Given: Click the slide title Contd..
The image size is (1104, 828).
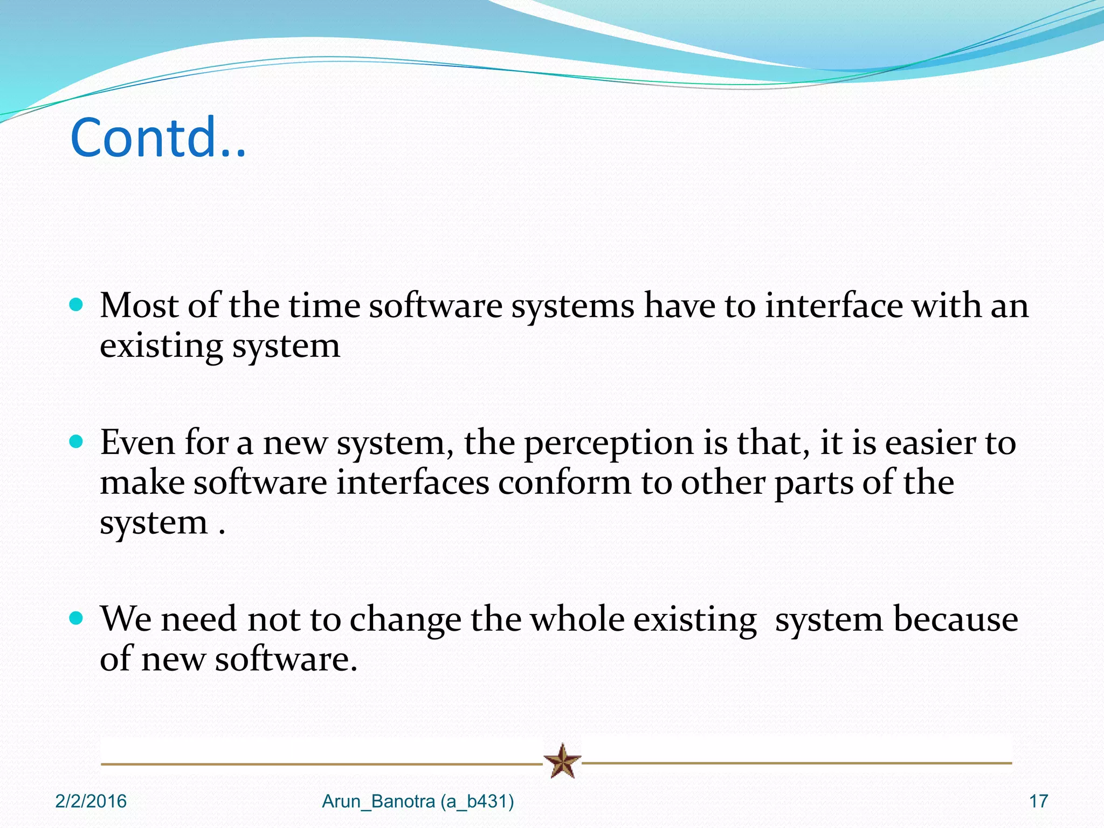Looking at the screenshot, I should point(157,138).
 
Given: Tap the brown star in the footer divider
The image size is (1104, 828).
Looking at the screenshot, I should point(562,761).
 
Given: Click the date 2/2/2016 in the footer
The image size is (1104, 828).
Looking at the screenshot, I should point(91,802).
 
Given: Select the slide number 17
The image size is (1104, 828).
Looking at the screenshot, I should point(1038,802).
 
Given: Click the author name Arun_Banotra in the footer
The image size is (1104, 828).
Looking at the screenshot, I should point(378,802).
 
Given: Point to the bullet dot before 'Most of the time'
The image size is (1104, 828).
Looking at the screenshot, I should point(77,305).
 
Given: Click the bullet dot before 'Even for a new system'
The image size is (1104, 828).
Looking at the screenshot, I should point(77,442).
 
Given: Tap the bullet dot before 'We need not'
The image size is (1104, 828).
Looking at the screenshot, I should point(77,618).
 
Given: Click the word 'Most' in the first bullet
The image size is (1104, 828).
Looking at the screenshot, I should point(139,306).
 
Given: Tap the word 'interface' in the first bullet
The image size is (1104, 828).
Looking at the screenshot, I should point(833,306).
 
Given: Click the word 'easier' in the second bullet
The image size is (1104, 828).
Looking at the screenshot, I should point(930,443).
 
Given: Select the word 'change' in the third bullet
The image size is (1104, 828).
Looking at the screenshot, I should point(405,620).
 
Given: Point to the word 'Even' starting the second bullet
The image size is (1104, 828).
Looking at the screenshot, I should point(137,443).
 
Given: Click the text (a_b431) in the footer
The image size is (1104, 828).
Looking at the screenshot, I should point(477,802).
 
